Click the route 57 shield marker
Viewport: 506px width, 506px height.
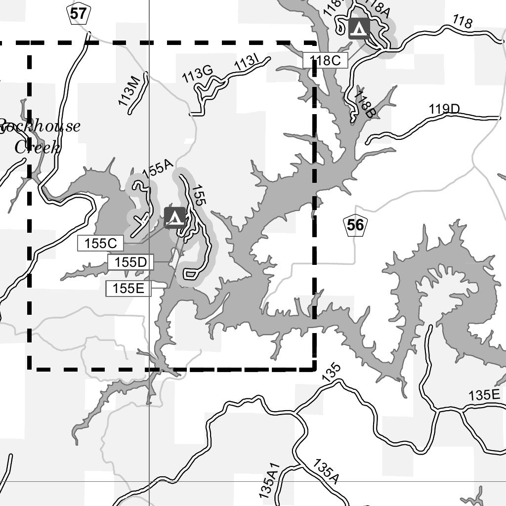point(78,14)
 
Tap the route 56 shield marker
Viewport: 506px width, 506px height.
point(355,225)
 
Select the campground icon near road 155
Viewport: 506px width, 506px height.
point(174,217)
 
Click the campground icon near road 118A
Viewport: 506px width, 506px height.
point(359,28)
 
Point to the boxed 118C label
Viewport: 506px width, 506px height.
point(325,61)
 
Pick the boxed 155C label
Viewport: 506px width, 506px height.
point(100,243)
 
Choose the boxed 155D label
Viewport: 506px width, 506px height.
point(130,262)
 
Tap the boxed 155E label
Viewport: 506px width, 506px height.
point(128,289)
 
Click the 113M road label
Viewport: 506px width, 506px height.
point(129,91)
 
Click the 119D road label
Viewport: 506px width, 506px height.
point(444,109)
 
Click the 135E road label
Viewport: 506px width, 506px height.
point(484,395)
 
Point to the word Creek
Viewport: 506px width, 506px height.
point(37,147)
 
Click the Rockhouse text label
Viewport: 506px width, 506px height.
point(40,127)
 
